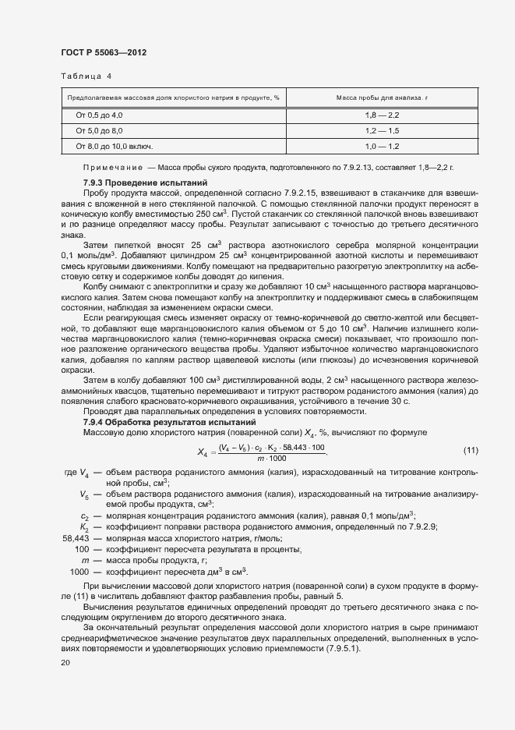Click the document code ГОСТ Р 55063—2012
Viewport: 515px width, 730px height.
103,52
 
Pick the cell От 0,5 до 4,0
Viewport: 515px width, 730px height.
99,115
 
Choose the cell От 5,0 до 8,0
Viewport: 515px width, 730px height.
99,130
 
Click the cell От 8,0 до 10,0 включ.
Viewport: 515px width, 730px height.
114,146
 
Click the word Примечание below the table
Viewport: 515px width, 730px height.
112,168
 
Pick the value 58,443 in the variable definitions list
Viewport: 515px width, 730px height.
76,539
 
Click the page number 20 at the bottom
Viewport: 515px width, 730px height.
65,663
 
